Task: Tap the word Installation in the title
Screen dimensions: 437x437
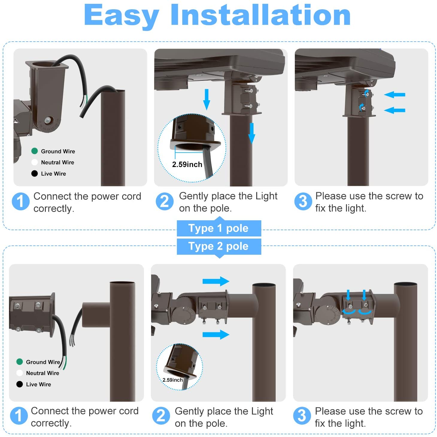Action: point(261,14)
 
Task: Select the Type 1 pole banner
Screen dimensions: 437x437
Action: point(218,228)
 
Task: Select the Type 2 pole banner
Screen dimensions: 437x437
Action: point(218,247)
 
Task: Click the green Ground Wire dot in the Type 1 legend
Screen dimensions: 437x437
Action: point(34,151)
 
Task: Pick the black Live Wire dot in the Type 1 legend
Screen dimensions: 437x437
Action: point(34,173)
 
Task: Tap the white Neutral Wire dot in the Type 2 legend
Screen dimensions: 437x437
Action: point(20,373)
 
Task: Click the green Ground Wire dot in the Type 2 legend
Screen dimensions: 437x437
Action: point(20,362)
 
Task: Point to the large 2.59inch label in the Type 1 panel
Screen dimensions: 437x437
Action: point(187,164)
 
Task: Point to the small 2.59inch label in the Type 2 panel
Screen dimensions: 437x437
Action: point(172,380)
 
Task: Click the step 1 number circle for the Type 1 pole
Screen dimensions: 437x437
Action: point(21,201)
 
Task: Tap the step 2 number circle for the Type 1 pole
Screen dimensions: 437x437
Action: point(165,201)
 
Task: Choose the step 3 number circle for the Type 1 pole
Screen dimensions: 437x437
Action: point(303,201)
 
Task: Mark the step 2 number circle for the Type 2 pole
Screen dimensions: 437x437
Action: point(161,416)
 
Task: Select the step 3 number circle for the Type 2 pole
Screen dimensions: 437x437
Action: point(302,416)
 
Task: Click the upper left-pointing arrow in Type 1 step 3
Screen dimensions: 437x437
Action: point(394,95)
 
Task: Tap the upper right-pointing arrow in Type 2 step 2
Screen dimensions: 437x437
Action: point(216,281)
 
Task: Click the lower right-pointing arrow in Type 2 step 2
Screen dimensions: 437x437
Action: point(216,335)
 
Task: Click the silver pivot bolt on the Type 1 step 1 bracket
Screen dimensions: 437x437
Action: point(48,120)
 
